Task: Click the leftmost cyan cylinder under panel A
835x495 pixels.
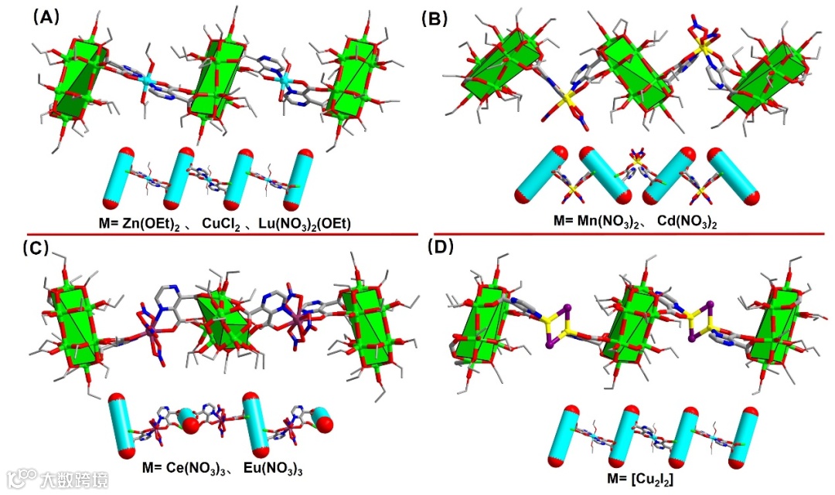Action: (x=122, y=178)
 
